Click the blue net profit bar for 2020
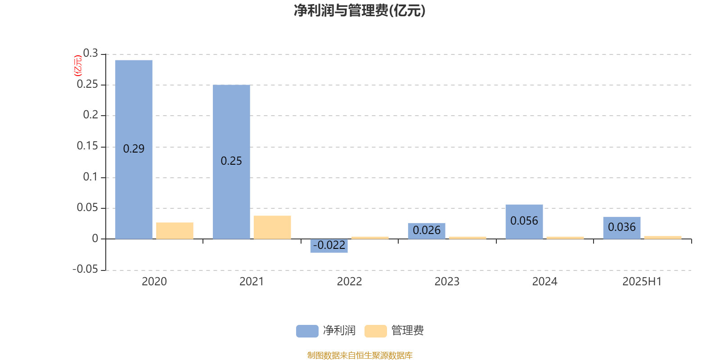(134, 149)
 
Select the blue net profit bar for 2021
(231, 162)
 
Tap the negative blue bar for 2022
(329, 246)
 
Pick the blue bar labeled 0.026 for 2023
(427, 231)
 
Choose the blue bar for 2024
(524, 222)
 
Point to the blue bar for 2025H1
(622, 228)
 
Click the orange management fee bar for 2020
(175, 231)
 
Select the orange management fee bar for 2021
(272, 227)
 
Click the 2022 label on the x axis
(349, 282)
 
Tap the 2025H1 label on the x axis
(642, 282)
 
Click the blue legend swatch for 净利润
(307, 331)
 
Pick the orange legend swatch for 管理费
(376, 331)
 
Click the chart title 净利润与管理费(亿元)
(360, 11)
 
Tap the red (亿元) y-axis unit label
(78, 66)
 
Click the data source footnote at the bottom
(360, 355)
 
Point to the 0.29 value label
(134, 149)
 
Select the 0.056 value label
(524, 221)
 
